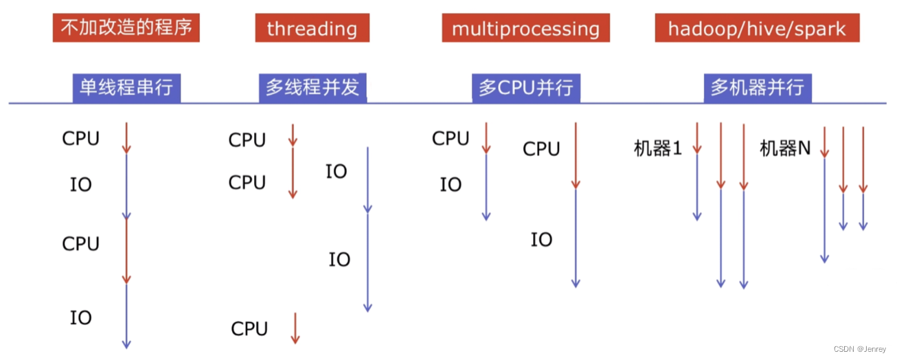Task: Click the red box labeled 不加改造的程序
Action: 126,28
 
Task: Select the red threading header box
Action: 312,28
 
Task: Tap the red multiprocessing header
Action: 525,28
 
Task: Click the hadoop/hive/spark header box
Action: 756,28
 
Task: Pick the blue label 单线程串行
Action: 126,89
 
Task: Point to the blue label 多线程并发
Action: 313,89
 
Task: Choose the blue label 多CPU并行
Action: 525,89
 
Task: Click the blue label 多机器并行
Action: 757,89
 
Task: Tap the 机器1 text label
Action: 657,148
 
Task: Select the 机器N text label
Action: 785,148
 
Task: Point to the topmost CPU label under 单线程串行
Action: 81,139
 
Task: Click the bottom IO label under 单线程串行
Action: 81,317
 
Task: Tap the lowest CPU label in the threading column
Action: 249,329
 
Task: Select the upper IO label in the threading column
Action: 336,172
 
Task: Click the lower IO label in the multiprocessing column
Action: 541,240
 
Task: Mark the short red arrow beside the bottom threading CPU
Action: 295,328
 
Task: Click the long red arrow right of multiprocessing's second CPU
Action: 576,155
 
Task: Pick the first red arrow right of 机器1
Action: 697,137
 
